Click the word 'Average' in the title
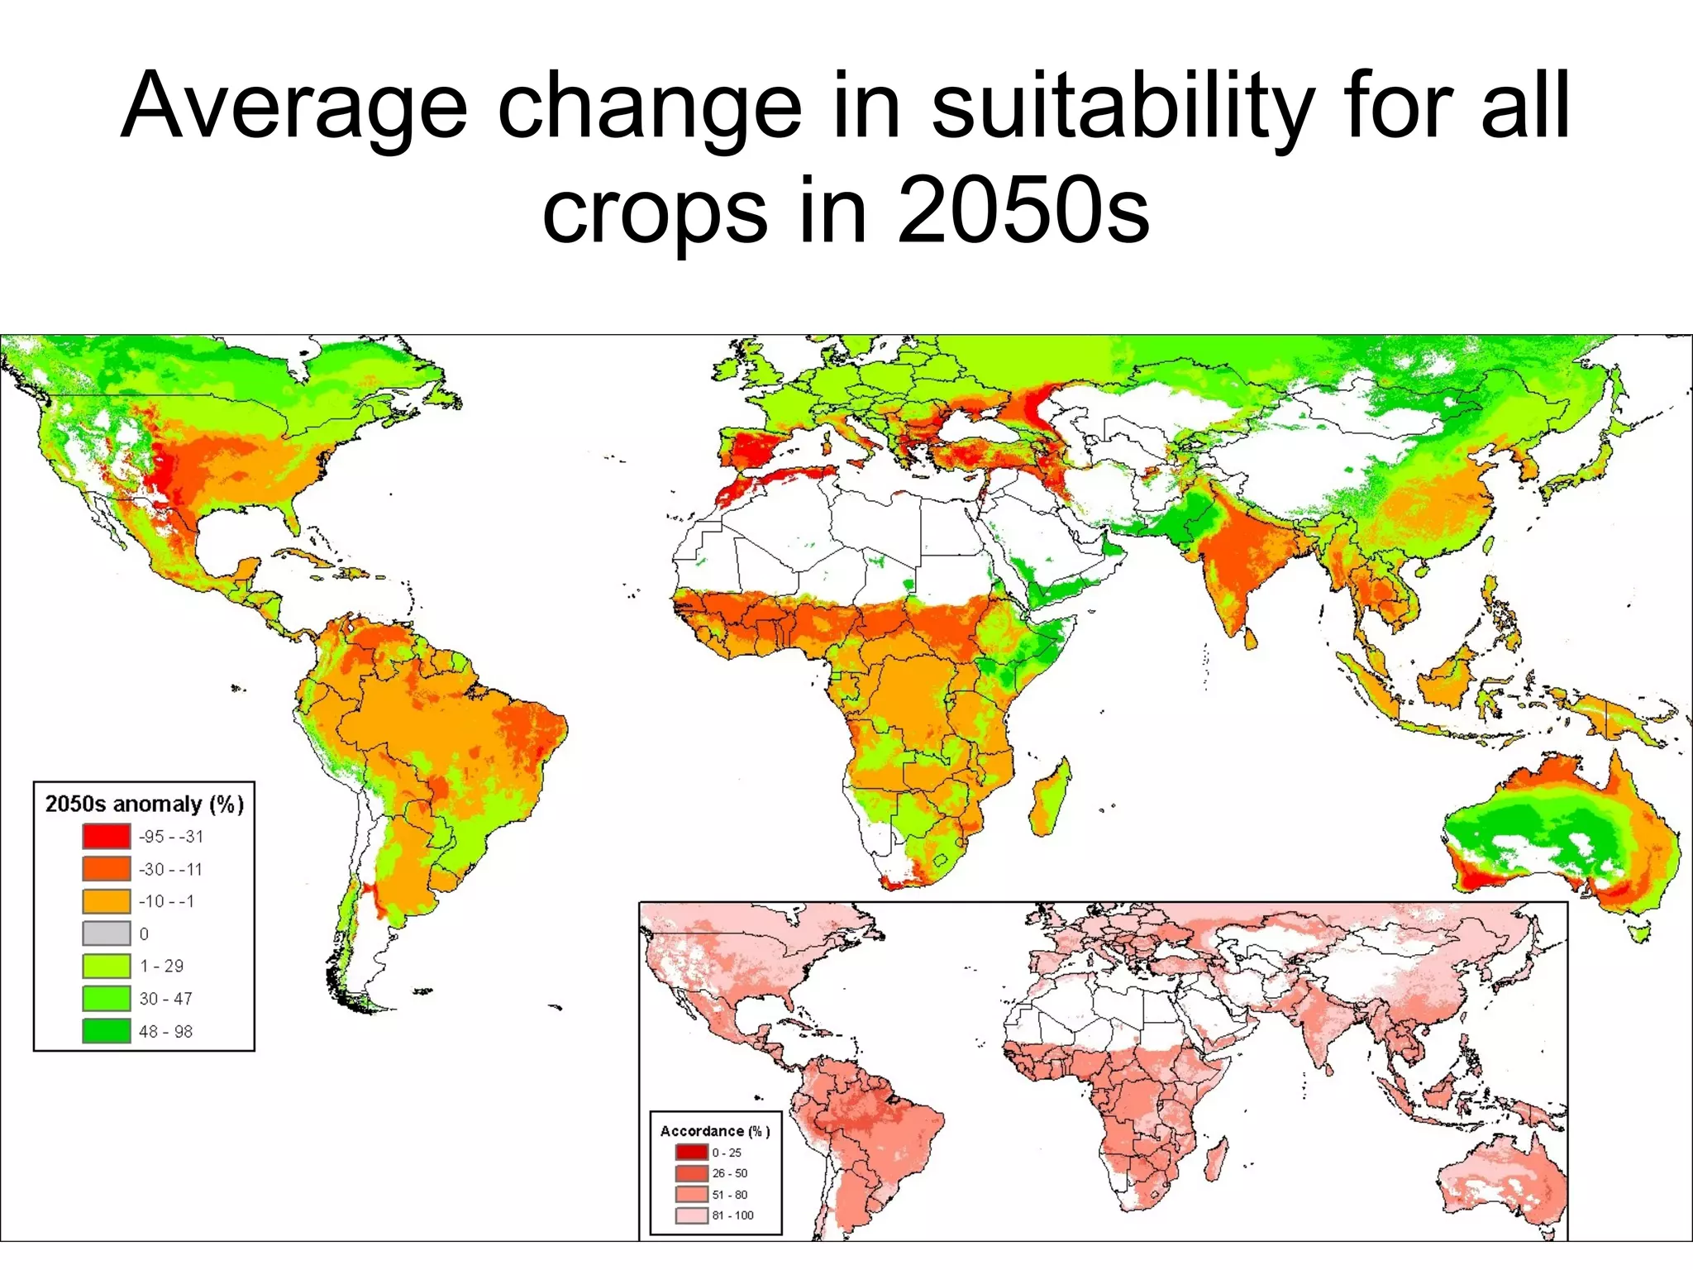click(x=294, y=107)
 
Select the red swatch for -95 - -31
click(x=106, y=836)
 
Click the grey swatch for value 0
click(x=106, y=933)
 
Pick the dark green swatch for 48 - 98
click(x=106, y=1031)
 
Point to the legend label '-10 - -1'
click(x=166, y=901)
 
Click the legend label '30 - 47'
click(x=165, y=999)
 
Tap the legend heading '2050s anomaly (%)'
click(x=144, y=804)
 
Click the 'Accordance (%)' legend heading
click(x=714, y=1130)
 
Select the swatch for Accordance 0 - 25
click(x=691, y=1152)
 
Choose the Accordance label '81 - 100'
click(x=732, y=1215)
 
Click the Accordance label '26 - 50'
click(x=729, y=1173)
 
